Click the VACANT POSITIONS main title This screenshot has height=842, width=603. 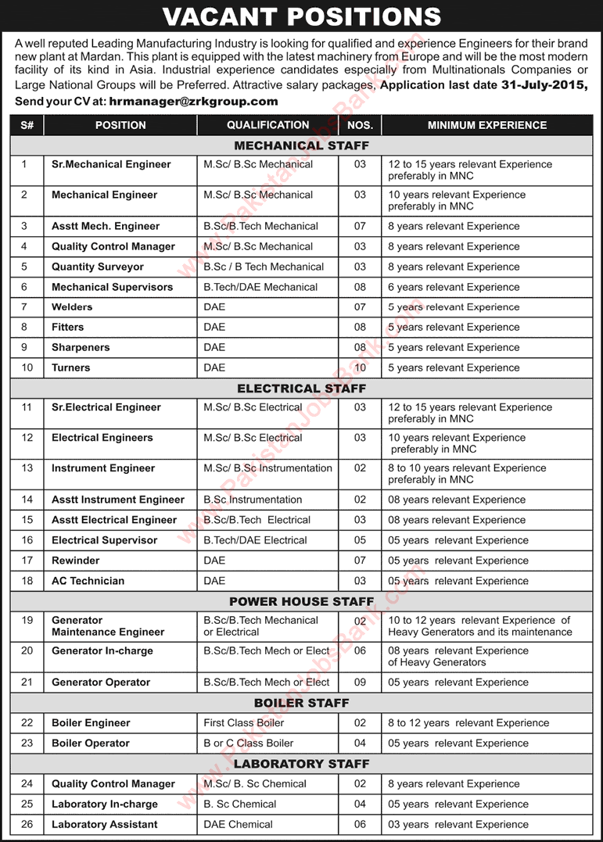tap(301, 16)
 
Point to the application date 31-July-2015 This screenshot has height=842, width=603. tap(539, 86)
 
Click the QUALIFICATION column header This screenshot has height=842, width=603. tap(267, 125)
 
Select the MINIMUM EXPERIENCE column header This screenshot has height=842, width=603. tap(486, 125)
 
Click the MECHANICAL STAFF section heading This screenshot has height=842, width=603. tap(301, 145)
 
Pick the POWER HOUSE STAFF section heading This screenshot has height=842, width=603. tap(301, 601)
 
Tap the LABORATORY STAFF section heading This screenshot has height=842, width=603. tap(301, 764)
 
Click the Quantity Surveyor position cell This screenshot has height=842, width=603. tap(99, 267)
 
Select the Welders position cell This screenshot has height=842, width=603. tap(72, 307)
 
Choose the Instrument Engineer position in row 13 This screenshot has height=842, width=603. tap(103, 468)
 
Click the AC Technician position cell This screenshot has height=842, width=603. tap(88, 581)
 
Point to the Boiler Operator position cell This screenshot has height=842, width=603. tap(91, 743)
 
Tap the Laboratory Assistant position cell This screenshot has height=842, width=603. tap(105, 825)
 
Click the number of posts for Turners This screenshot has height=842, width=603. tap(360, 368)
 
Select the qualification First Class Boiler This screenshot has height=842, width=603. tap(244, 723)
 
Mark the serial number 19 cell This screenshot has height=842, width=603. tap(27, 620)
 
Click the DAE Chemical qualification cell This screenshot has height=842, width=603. tap(239, 825)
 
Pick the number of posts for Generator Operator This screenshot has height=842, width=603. tap(360, 683)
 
